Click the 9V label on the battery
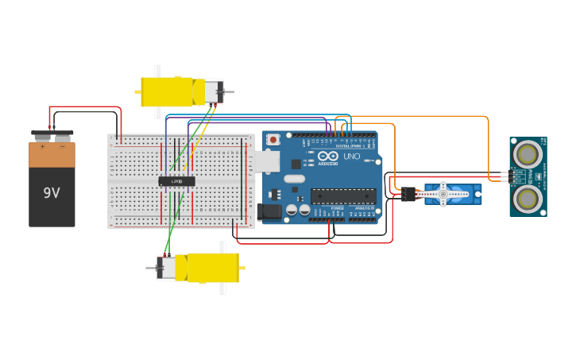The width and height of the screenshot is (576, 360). pyautogui.click(x=52, y=193)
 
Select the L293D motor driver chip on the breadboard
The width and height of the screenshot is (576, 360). pyautogui.click(x=176, y=181)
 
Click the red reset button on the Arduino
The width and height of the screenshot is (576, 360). pyautogui.click(x=273, y=140)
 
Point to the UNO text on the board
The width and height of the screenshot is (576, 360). pyautogui.click(x=351, y=157)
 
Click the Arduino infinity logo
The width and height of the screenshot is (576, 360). pyautogui.click(x=328, y=156)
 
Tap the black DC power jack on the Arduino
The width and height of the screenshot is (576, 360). pyautogui.click(x=269, y=211)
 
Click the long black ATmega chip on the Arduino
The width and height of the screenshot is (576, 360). pyautogui.click(x=342, y=195)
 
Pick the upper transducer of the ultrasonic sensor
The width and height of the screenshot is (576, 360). pyautogui.click(x=527, y=151)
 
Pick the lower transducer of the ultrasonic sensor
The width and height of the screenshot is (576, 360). pyautogui.click(x=527, y=197)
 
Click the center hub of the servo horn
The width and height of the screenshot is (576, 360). pyautogui.click(x=443, y=194)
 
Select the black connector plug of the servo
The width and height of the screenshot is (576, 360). pyautogui.click(x=408, y=194)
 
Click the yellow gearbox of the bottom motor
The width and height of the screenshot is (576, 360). pyautogui.click(x=213, y=268)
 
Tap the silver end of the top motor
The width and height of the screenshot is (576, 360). pyautogui.click(x=213, y=92)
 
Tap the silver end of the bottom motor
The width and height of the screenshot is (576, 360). pyautogui.click(x=168, y=268)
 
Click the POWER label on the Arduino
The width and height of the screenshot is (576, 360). pyautogui.click(x=338, y=207)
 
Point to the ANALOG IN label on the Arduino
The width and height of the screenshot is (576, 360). pyautogui.click(x=364, y=207)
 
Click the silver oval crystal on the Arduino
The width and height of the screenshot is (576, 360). pyautogui.click(x=294, y=179)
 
